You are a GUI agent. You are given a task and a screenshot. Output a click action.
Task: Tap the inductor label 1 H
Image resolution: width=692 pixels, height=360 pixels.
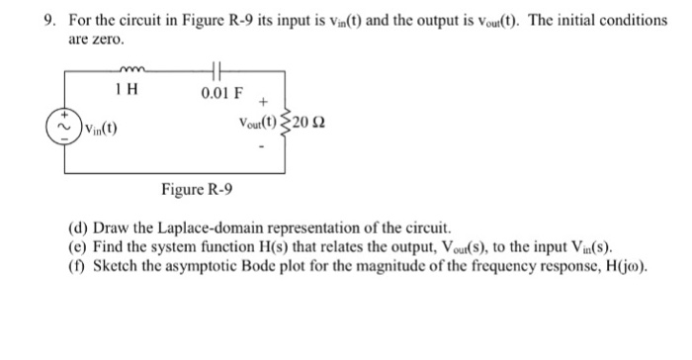126,92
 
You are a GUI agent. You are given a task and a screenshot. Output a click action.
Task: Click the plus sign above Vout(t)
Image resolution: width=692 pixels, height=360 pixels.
263,101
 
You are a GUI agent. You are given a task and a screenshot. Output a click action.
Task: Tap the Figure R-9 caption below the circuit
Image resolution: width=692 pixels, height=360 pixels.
197,188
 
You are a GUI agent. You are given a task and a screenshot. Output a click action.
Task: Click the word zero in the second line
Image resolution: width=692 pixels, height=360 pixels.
106,40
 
